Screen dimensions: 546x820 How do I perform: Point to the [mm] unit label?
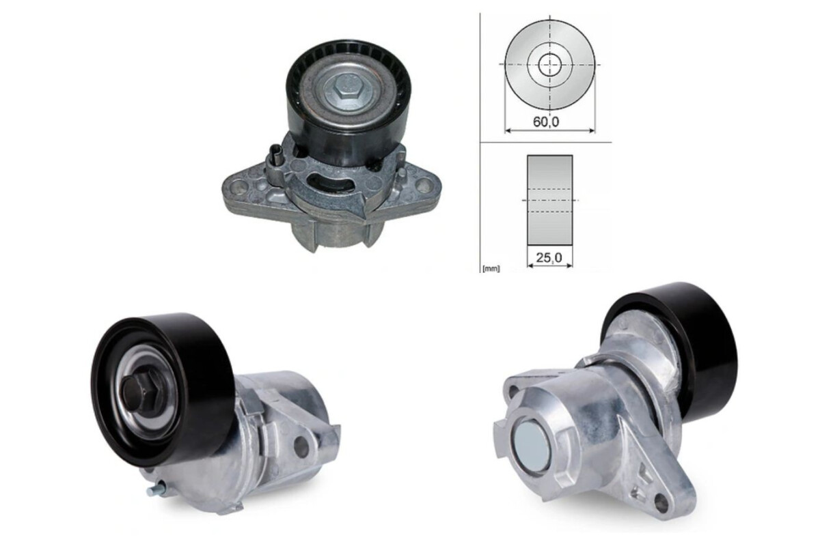[491, 269]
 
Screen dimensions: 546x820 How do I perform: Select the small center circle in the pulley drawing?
[549, 65]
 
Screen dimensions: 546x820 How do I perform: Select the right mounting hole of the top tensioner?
[424, 184]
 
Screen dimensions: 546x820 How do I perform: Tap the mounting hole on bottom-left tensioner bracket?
[301, 446]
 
